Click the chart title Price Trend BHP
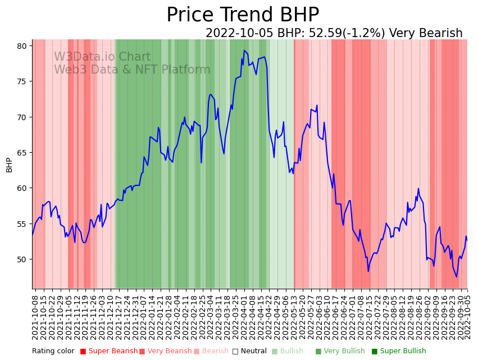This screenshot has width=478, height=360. click(243, 15)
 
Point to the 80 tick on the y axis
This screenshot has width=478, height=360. click(22, 46)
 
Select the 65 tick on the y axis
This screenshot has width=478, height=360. click(22, 153)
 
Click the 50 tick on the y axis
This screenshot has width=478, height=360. click(22, 259)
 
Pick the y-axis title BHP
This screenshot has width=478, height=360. click(9, 165)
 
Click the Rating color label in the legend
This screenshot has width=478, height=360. click(53, 351)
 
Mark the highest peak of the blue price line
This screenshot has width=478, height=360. click(244, 51)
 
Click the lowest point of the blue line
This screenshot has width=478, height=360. click(457, 277)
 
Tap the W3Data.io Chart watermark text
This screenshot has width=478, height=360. click(102, 57)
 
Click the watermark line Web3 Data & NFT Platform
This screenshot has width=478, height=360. click(132, 70)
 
